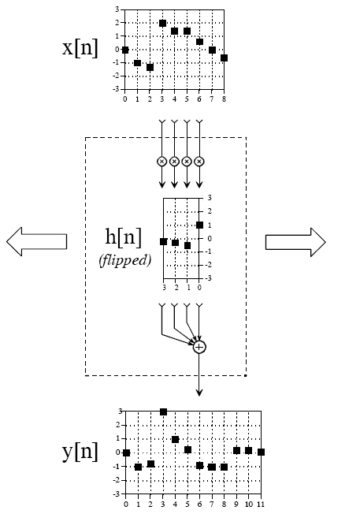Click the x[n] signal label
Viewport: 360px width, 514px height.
(x=80, y=49)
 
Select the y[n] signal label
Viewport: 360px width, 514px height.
(x=80, y=452)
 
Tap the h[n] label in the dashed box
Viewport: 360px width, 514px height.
(x=124, y=237)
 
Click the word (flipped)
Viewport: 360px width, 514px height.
(x=124, y=261)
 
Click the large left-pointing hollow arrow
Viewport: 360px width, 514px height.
(x=37, y=241)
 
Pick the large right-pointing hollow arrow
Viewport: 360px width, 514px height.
(x=295, y=242)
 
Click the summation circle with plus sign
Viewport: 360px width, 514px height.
(x=199, y=347)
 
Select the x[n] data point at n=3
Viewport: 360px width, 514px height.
(x=162, y=24)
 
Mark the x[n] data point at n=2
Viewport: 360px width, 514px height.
(x=150, y=67)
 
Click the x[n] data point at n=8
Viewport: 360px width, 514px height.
(x=224, y=58)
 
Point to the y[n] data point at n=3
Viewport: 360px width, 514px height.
(x=164, y=412)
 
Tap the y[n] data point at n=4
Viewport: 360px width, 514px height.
(x=175, y=440)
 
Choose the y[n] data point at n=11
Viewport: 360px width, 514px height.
(x=261, y=452)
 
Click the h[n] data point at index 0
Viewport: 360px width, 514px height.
(x=199, y=225)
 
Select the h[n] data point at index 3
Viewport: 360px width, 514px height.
(x=164, y=241)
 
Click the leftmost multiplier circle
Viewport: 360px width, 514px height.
(x=161, y=162)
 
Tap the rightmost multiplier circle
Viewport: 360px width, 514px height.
(x=199, y=162)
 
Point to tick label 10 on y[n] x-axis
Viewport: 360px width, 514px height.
(x=249, y=505)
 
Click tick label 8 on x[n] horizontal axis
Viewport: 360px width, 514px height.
(x=224, y=99)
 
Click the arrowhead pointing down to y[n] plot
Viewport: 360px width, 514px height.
(x=199, y=392)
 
